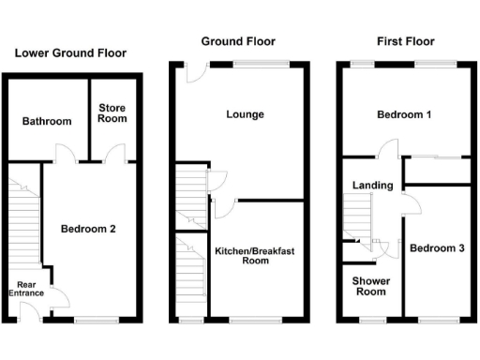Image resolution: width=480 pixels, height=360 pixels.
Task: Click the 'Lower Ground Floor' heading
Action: pyautogui.click(x=70, y=53)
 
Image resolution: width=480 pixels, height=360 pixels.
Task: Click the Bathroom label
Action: pyautogui.click(x=47, y=122)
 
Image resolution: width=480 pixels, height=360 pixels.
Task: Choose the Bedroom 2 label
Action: pyautogui.click(x=89, y=229)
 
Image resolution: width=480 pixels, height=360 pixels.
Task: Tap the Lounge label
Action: pyautogui.click(x=245, y=114)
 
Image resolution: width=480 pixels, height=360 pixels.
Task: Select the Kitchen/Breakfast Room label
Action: pyautogui.click(x=255, y=256)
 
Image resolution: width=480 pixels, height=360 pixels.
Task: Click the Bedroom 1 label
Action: pyautogui.click(x=404, y=115)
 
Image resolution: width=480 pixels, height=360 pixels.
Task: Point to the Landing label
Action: pyautogui.click(x=372, y=186)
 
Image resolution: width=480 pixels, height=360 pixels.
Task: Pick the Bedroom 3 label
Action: pyautogui.click(x=436, y=247)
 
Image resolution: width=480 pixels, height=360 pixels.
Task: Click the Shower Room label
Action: pyautogui.click(x=369, y=286)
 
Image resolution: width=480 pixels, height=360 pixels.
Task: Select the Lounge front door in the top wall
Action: pyautogui.click(x=193, y=72)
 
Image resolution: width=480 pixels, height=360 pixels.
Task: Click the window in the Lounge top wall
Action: pyautogui.click(x=248, y=64)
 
